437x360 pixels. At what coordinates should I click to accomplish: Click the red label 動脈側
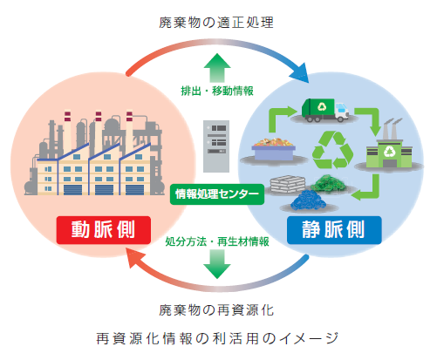click(x=99, y=230)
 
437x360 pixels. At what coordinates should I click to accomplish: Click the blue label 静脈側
click(x=333, y=231)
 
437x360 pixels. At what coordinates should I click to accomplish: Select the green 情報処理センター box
click(x=216, y=193)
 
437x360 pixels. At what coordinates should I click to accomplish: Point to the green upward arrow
click(x=215, y=66)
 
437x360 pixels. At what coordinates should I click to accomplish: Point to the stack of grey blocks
click(x=289, y=184)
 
